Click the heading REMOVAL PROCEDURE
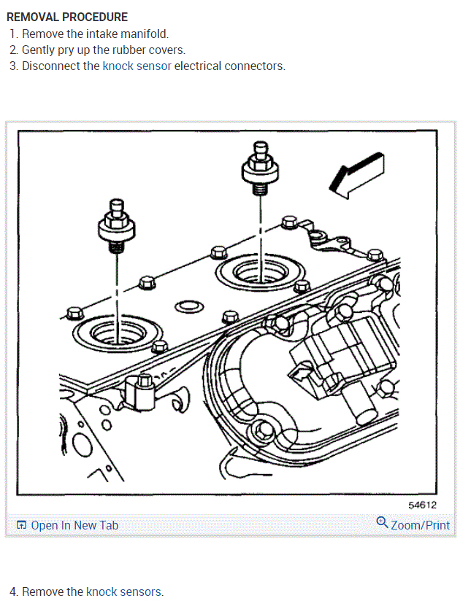[67, 17]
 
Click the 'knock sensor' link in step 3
[137, 66]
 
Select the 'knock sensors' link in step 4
[124, 591]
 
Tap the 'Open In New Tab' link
[74, 525]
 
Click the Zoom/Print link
[420, 525]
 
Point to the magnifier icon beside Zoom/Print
[382, 522]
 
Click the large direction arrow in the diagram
[356, 176]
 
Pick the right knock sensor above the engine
[259, 169]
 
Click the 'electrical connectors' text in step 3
[229, 66]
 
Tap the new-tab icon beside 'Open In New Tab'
[21, 525]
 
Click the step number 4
[13, 591]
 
